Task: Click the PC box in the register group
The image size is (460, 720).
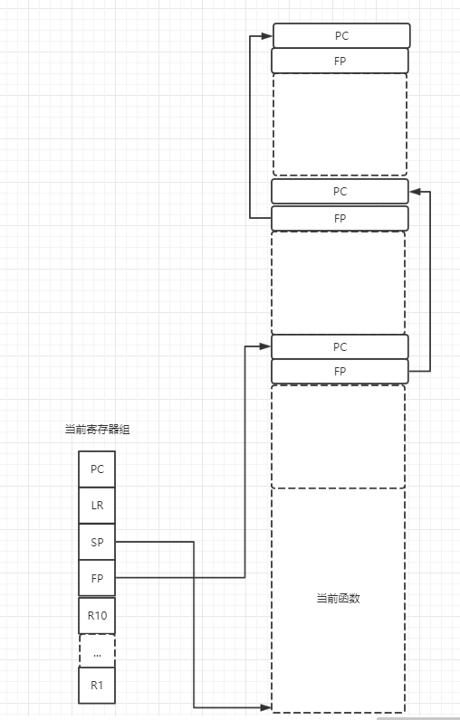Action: pyautogui.click(x=97, y=469)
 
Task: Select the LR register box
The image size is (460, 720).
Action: pyautogui.click(x=97, y=505)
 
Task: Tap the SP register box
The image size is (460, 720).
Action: pyautogui.click(x=97, y=541)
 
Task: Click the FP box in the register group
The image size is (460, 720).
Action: pyautogui.click(x=97, y=577)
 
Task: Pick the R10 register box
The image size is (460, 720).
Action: pyautogui.click(x=97, y=615)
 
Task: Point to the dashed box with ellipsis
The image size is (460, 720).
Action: pyautogui.click(x=97, y=651)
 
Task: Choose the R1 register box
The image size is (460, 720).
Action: pyautogui.click(x=97, y=685)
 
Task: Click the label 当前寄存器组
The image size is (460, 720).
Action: pyautogui.click(x=97, y=430)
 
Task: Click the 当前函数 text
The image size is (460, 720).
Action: pyautogui.click(x=338, y=598)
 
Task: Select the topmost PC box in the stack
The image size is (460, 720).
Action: pyautogui.click(x=340, y=35)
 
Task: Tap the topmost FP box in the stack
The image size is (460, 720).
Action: pyautogui.click(x=340, y=61)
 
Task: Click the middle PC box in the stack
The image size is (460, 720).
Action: pyautogui.click(x=340, y=191)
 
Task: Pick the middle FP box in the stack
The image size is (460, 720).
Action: pyautogui.click(x=340, y=218)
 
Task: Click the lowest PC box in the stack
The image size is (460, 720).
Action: pyautogui.click(x=340, y=346)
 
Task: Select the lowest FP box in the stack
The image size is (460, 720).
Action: pyautogui.click(x=340, y=371)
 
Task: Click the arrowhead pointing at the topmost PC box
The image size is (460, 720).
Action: pyautogui.click(x=266, y=36)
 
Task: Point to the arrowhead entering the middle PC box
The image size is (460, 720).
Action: pyautogui.click(x=416, y=191)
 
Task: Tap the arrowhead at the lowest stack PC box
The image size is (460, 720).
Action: pyautogui.click(x=265, y=346)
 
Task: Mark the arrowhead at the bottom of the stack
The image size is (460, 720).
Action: pyautogui.click(x=265, y=706)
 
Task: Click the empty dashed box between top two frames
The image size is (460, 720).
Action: pyautogui.click(x=340, y=124)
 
